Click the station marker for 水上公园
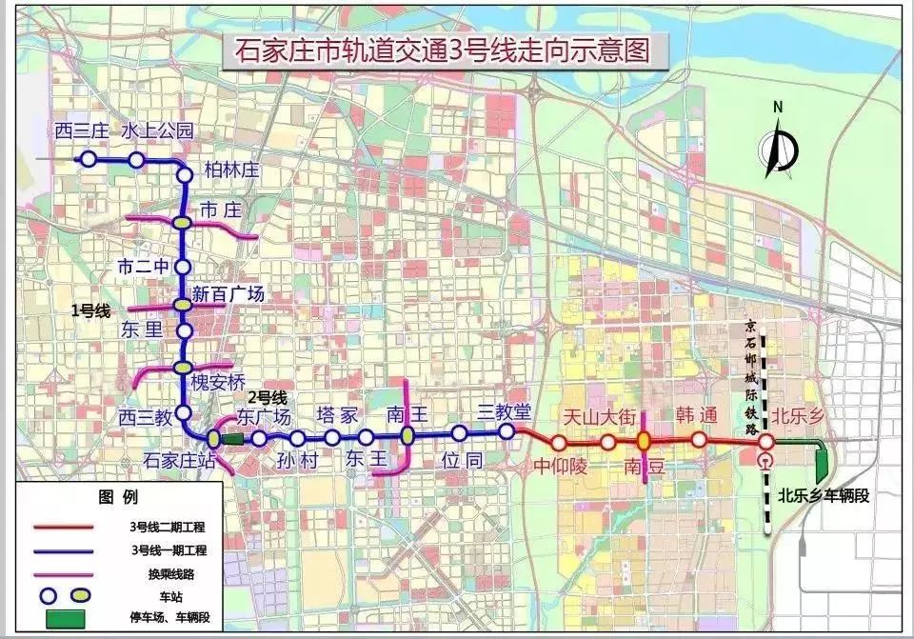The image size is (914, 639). pos(136,160)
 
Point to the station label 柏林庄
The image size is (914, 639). pos(231,170)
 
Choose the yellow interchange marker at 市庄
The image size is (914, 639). pos(183,222)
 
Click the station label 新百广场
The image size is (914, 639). pos(228,294)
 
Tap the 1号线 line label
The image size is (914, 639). pos(91,310)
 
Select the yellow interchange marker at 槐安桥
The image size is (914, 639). pos(183,368)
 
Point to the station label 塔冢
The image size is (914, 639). pos(336,415)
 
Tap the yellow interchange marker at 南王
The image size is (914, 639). pos(407,436)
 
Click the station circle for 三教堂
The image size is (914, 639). pos(507,431)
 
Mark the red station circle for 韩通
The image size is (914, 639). pos(699,440)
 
